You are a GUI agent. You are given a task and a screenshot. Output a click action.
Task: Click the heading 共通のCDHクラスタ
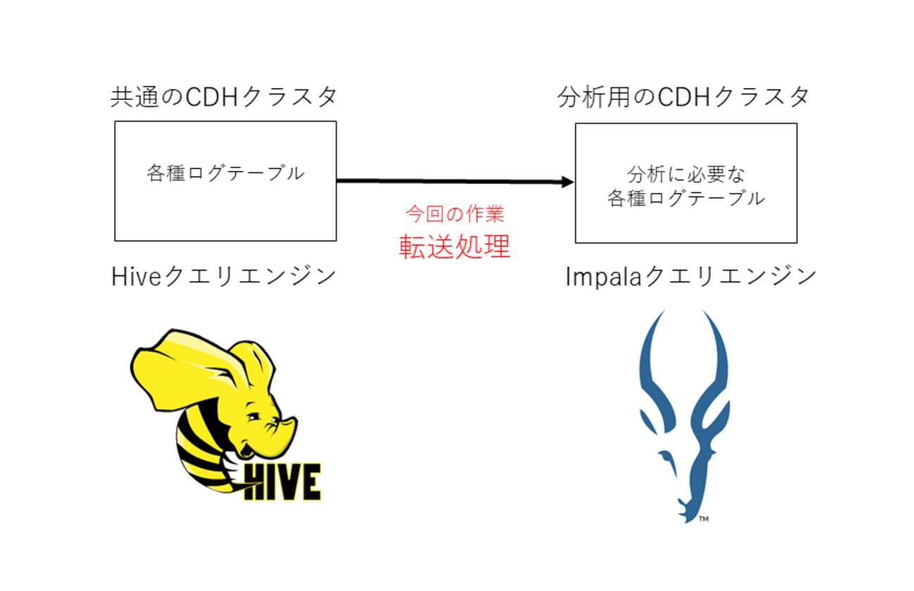coord(224,97)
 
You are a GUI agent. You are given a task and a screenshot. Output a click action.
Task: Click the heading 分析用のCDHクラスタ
coord(684,97)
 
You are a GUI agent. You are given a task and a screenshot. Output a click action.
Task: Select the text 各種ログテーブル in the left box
coord(225,173)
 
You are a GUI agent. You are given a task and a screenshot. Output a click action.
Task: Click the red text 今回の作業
coord(455,214)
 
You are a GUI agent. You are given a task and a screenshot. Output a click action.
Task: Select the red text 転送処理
coord(455,246)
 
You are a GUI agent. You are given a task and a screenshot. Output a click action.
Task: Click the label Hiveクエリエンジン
coord(224,277)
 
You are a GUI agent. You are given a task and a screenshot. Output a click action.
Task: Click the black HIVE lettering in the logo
coord(281,481)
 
